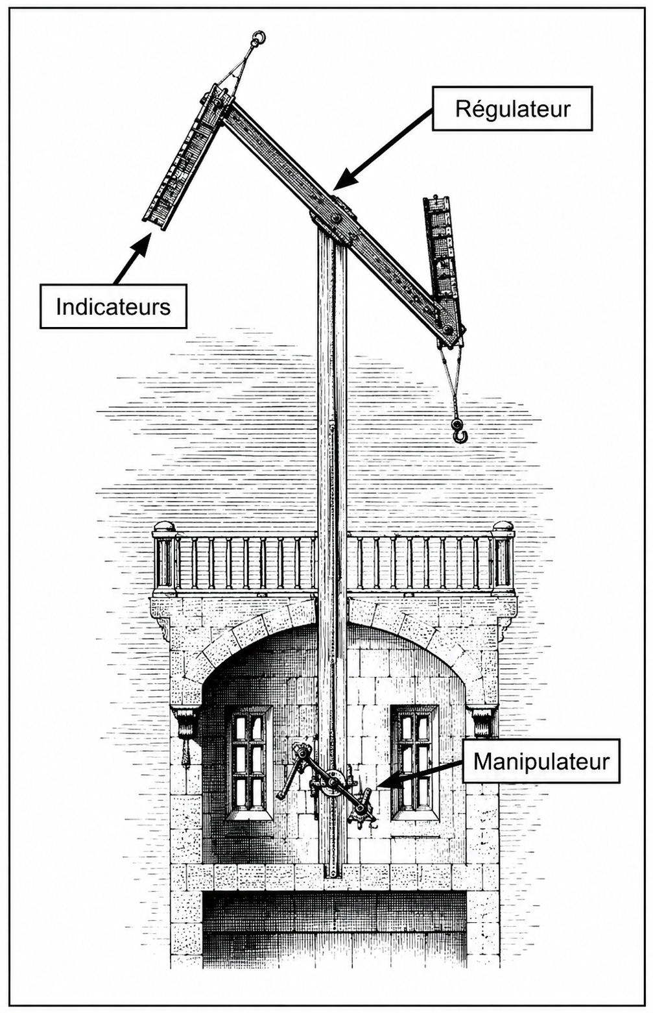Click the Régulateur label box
[x=512, y=108]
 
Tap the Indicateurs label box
[x=113, y=306]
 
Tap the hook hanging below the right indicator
[x=458, y=430]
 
